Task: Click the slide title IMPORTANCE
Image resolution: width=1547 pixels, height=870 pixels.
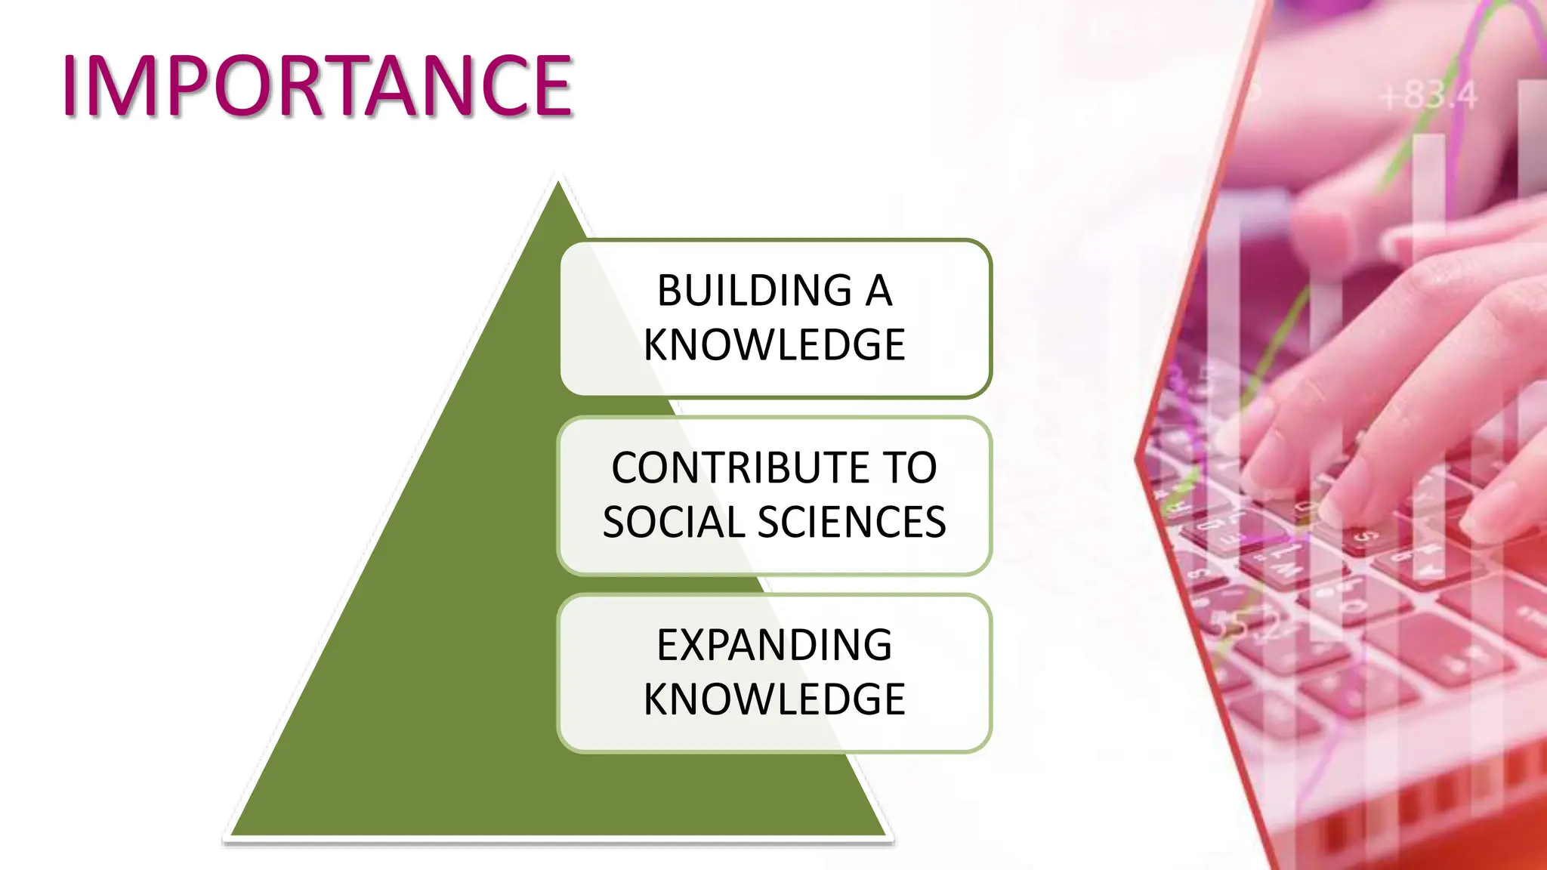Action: pyautogui.click(x=317, y=86)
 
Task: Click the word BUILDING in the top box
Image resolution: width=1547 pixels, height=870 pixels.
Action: pyautogui.click(x=755, y=291)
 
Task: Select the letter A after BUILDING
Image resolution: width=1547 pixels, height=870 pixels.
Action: pyautogui.click(x=878, y=291)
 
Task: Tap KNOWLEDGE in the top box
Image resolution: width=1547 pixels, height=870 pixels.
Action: pyautogui.click(x=774, y=345)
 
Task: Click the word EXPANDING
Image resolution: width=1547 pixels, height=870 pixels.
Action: pyautogui.click(x=774, y=645)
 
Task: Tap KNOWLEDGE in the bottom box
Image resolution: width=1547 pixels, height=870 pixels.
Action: pyautogui.click(x=774, y=699)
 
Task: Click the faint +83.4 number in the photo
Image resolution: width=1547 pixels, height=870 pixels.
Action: pyautogui.click(x=1428, y=97)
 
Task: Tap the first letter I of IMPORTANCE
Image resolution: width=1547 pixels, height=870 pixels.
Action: pyautogui.click(x=70, y=86)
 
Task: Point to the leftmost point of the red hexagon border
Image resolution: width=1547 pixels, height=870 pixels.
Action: pyautogui.click(x=1137, y=457)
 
